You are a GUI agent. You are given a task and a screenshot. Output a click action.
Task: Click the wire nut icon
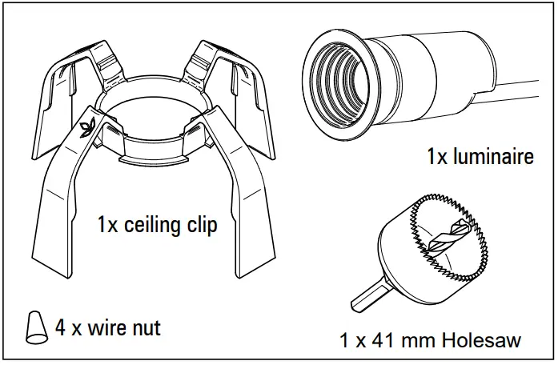(34, 328)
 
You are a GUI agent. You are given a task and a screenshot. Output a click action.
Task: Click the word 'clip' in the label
(201, 226)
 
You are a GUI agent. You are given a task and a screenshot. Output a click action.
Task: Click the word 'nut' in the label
(145, 328)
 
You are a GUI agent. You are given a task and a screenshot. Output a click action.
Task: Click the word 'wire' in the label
(103, 328)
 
